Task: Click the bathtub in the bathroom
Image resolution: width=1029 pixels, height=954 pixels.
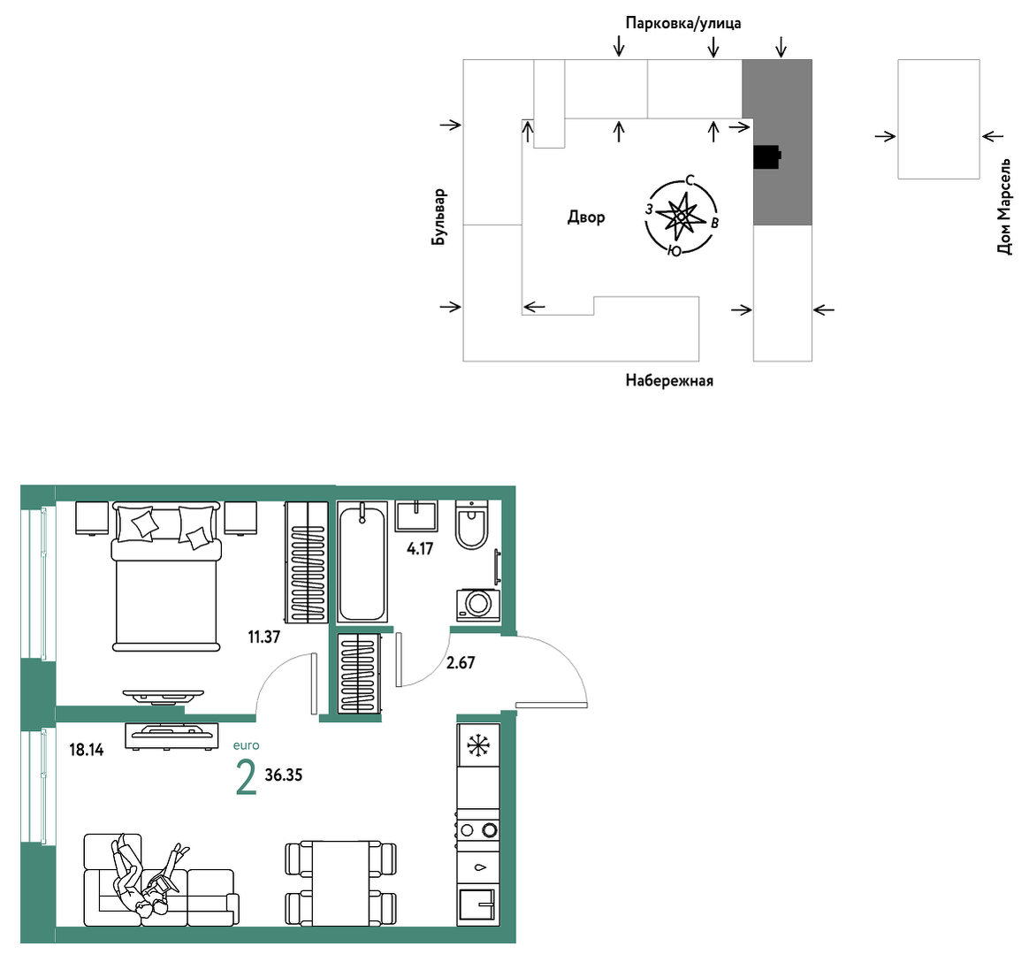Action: pos(362,562)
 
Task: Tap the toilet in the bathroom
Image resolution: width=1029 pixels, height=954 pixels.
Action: pos(472,524)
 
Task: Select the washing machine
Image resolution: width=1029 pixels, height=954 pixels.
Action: pos(477,605)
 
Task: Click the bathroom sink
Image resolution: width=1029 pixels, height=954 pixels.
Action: pos(416,515)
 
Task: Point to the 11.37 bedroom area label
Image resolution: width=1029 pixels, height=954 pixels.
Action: pos(263,637)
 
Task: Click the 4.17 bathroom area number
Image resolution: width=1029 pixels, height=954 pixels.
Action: pos(420,549)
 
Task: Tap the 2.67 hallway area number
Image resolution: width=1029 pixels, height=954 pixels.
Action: pos(460,662)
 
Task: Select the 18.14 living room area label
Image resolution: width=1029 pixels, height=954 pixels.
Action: pos(87,749)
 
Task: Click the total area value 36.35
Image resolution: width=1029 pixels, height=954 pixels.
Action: pos(284,775)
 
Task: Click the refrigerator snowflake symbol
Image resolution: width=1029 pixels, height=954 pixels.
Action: pos(478,745)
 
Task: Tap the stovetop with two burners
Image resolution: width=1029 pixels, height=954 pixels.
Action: pos(478,830)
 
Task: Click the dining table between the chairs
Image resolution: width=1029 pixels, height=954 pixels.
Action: pos(341,883)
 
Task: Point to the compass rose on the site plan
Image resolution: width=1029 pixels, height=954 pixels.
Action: pos(682,216)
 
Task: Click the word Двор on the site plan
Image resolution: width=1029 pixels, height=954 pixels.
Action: pos(586,217)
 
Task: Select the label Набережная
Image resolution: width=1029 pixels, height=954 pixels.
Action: pos(668,381)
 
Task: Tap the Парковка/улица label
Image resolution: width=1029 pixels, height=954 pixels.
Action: pos(683,24)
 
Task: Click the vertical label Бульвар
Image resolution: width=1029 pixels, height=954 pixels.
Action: pos(438,218)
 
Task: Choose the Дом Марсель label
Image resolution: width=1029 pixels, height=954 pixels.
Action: pos(1004,206)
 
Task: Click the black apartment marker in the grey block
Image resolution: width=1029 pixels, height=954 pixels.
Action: pos(767,156)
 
